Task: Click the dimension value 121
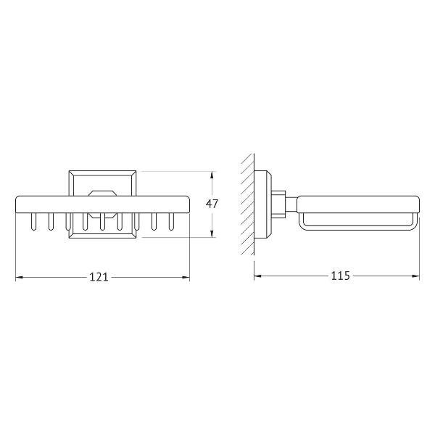coord(99,277)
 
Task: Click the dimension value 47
coord(212,204)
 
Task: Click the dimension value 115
coord(341,275)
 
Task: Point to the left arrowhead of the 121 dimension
coord(20,277)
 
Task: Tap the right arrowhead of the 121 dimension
coord(186,277)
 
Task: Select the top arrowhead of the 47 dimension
coord(212,175)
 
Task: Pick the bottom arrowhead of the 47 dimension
coord(212,233)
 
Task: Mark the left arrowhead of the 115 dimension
coord(258,275)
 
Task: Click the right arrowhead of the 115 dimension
coord(415,275)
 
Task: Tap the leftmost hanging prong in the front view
coord(33,222)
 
